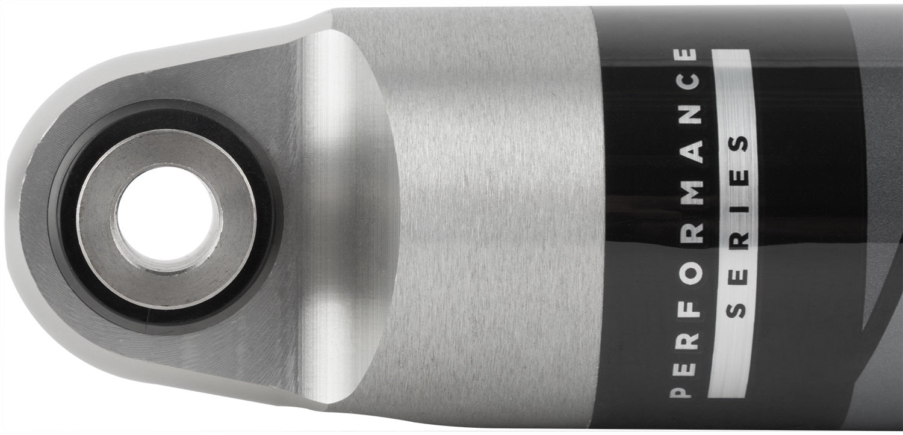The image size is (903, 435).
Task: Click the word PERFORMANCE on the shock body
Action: [687, 223]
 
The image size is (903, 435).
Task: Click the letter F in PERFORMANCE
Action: [686, 313]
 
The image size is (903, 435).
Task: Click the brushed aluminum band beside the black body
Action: [494, 217]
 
